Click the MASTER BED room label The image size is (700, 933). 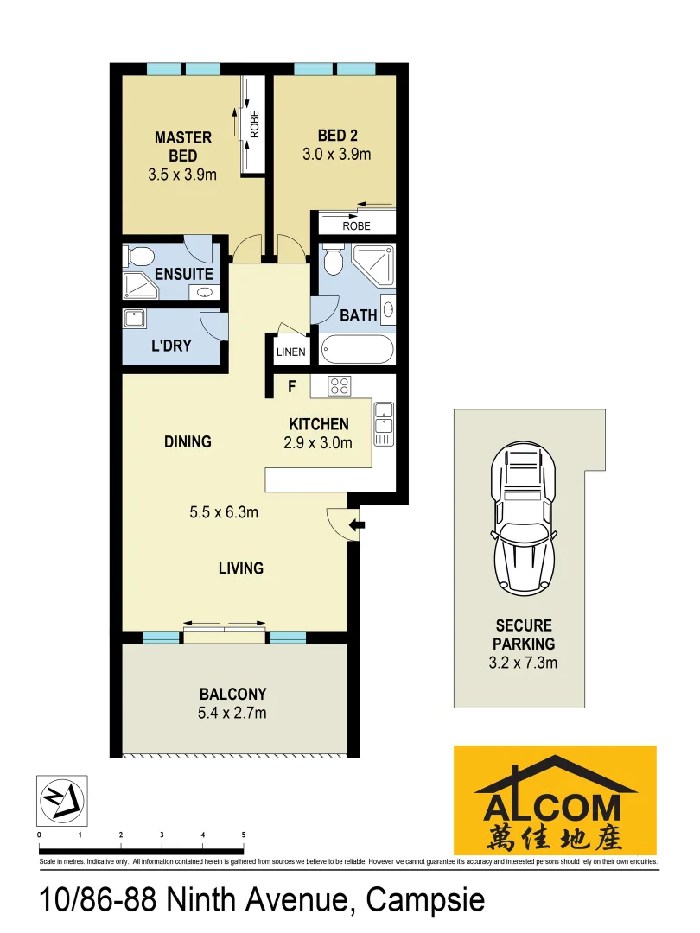[182, 146]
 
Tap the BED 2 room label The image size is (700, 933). [337, 136]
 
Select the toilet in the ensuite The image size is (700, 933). [139, 256]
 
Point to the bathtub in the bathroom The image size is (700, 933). [356, 350]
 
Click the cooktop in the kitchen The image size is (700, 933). [338, 387]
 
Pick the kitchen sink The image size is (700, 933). [384, 419]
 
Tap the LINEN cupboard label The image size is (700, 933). [290, 352]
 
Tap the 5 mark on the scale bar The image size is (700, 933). [244, 835]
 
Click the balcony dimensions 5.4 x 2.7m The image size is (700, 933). [232, 713]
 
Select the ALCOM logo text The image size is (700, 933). [553, 808]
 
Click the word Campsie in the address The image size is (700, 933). [425, 900]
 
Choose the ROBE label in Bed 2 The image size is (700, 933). [356, 225]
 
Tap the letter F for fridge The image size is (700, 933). [292, 386]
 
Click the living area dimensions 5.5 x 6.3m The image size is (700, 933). [224, 512]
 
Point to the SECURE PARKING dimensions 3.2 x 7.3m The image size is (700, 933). [524, 663]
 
